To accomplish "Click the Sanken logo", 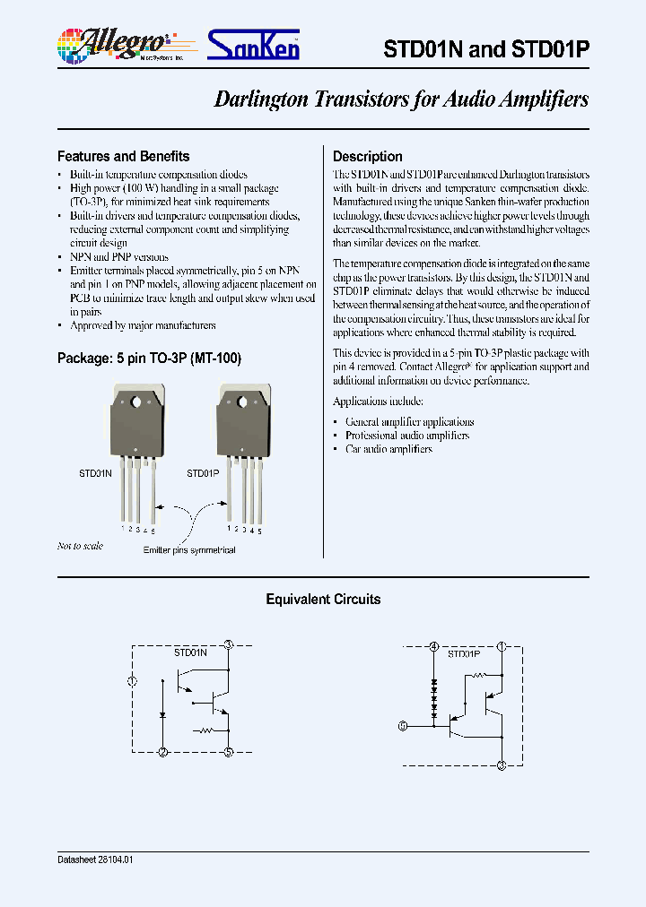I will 254,44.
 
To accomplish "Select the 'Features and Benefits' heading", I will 123,156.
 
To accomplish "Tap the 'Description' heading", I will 367,156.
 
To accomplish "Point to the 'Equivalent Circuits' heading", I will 323,599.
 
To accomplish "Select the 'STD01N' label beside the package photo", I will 95,472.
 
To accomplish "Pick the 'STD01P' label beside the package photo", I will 202,472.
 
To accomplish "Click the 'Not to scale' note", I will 80,546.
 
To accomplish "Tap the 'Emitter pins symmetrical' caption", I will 189,550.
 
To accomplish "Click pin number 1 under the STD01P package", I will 230,529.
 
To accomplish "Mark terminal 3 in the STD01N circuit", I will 229,644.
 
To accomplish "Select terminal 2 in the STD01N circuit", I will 161,752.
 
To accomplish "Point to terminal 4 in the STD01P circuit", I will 434,645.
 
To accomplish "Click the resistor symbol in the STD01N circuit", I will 205,731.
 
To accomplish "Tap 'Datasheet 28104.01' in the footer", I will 95,859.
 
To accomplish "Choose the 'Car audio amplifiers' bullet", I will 388,449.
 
